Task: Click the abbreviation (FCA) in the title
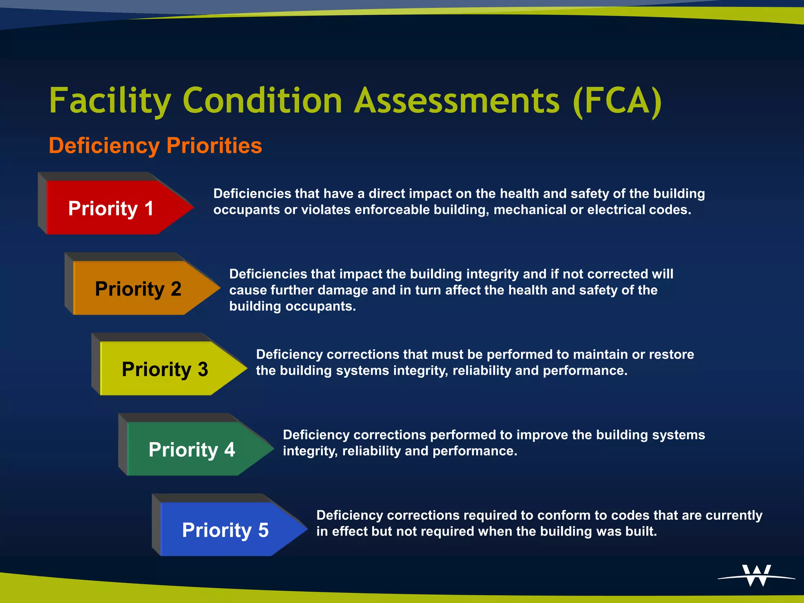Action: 617,101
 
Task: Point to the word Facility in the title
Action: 110,101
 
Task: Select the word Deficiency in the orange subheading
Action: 104,146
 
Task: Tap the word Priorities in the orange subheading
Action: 214,146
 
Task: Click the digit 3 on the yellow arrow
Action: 203,369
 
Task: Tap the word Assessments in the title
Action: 457,101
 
